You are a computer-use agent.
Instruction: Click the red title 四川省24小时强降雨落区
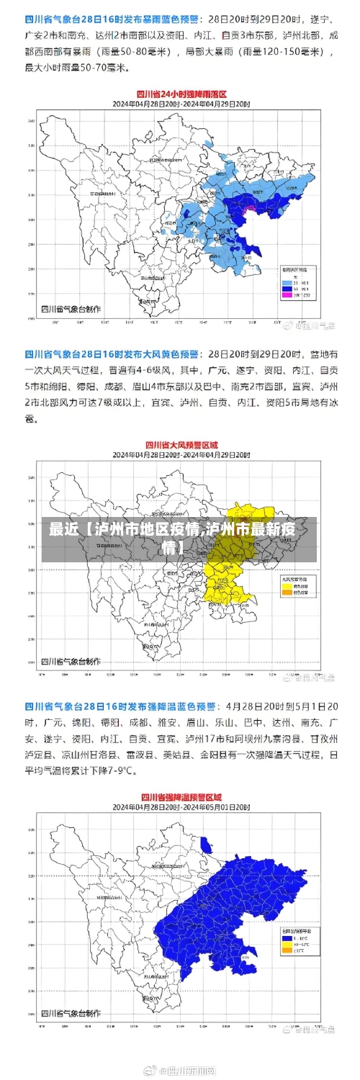182,94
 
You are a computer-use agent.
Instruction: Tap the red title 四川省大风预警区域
181,445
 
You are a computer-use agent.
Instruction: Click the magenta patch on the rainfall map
250,210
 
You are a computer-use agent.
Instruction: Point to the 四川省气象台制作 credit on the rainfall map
70,309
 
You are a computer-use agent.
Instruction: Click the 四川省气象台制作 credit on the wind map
70,661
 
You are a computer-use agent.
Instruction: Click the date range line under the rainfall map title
181,104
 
